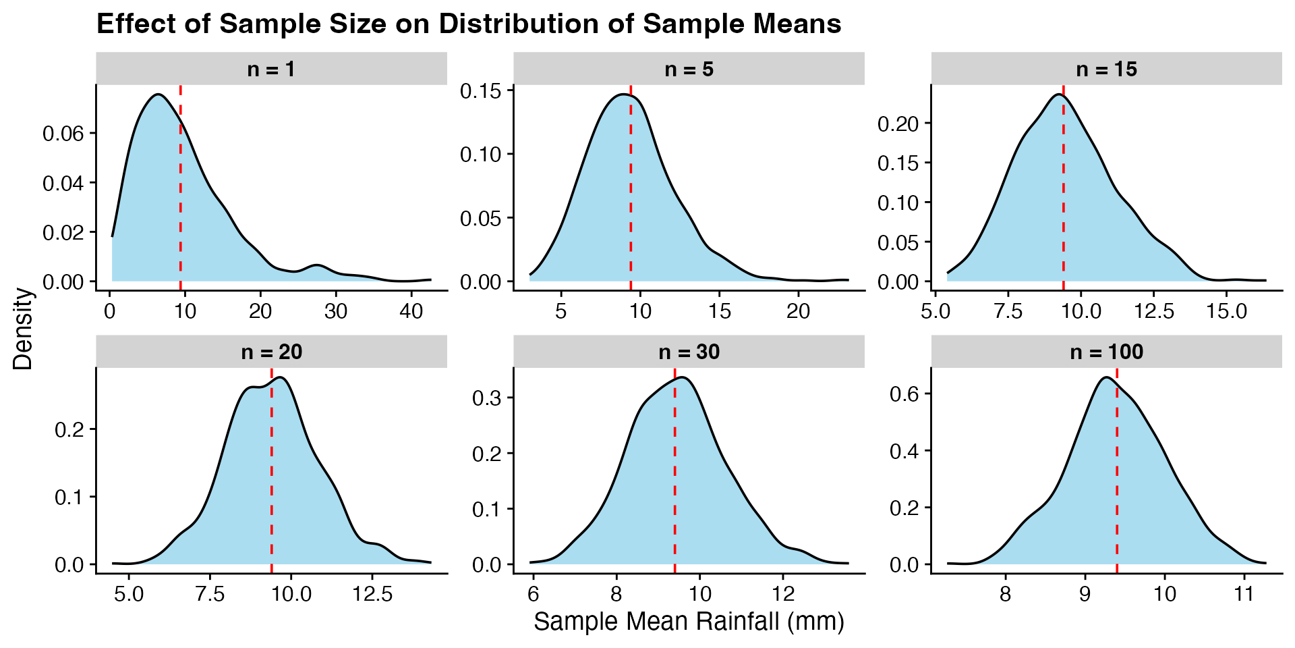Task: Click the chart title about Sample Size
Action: click(x=469, y=24)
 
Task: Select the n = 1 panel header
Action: click(x=271, y=69)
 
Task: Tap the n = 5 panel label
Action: click(x=689, y=69)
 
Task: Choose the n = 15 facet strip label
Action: click(x=1106, y=69)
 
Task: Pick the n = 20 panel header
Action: click(x=271, y=352)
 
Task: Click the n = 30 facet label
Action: click(x=689, y=352)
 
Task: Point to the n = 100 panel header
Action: click(x=1106, y=352)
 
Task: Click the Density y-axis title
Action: click(x=23, y=329)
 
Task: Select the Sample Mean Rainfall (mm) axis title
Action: click(x=689, y=621)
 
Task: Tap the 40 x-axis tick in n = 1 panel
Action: click(x=411, y=311)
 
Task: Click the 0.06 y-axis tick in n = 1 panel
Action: click(x=63, y=134)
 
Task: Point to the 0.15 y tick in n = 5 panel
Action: click(x=481, y=90)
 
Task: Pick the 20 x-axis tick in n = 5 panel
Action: click(x=799, y=311)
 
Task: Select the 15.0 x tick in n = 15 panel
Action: click(x=1226, y=311)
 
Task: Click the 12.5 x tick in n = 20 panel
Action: click(x=372, y=594)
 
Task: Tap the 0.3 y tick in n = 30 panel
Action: click(x=487, y=398)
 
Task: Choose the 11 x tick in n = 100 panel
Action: click(x=1244, y=594)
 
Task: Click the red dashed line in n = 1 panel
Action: click(x=181, y=202)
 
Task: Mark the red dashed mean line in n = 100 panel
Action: click(x=1117, y=486)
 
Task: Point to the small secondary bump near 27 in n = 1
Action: click(x=317, y=265)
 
